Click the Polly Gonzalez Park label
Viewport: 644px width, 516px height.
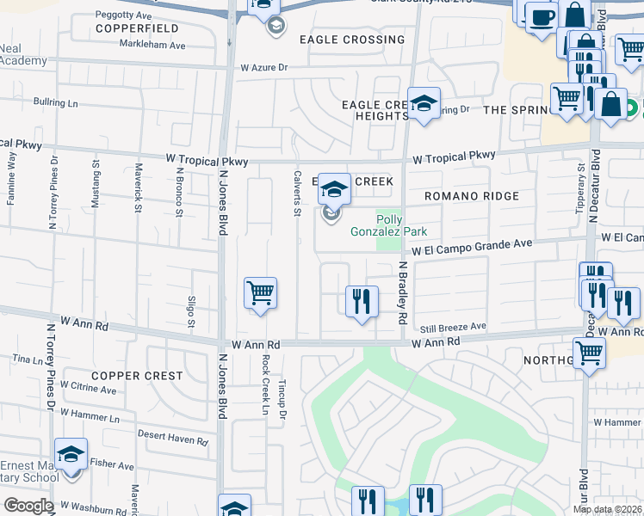pyautogui.click(x=389, y=225)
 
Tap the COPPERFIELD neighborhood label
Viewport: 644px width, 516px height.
pyautogui.click(x=130, y=28)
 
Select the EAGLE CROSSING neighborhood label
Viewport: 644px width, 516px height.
pyautogui.click(x=351, y=40)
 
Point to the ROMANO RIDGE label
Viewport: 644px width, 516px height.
pyautogui.click(x=471, y=196)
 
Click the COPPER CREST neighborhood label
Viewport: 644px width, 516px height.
pyautogui.click(x=137, y=376)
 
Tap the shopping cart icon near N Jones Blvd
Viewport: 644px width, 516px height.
pyautogui.click(x=260, y=292)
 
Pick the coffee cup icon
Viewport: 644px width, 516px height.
pyautogui.click(x=541, y=17)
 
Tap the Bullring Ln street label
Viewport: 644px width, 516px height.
pyautogui.click(x=56, y=103)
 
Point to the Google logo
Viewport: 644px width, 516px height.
pyautogui.click(x=28, y=506)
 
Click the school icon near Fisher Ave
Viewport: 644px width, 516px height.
pyautogui.click(x=71, y=455)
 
